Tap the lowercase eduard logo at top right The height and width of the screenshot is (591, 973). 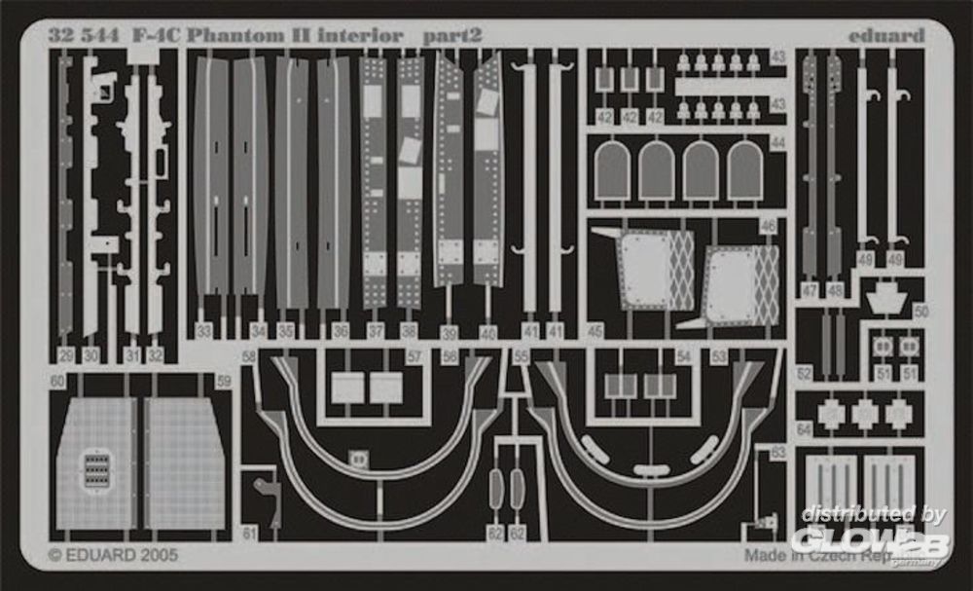pyautogui.click(x=885, y=36)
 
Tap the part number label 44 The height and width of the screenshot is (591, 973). pyautogui.click(x=777, y=142)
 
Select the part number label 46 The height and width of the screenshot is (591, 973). pyautogui.click(x=768, y=226)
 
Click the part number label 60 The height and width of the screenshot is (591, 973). pyautogui.click(x=58, y=381)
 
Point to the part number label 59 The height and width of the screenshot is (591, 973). pyautogui.click(x=224, y=382)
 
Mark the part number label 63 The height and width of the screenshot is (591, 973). pyautogui.click(x=777, y=452)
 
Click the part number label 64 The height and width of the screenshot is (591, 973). pyautogui.click(x=804, y=429)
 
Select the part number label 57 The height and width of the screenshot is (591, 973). pyautogui.click(x=414, y=357)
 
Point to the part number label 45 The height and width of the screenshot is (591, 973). pyautogui.click(x=595, y=331)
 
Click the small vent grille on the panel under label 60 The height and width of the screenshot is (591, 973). pyautogui.click(x=95, y=469)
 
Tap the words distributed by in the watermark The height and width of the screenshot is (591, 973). pyautogui.click(x=873, y=515)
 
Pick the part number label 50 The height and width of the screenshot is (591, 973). pyautogui.click(x=920, y=311)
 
